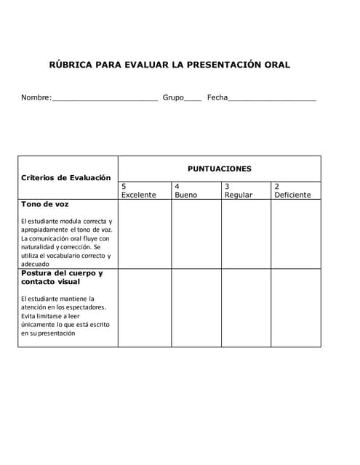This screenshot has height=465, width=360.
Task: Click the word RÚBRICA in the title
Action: coord(71,65)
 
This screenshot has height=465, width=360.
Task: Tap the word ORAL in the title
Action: coord(276,65)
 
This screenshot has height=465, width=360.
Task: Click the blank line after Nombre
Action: coord(105,98)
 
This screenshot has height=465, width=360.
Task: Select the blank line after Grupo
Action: coord(193,98)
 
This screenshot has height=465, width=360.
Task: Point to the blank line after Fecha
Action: coord(272,98)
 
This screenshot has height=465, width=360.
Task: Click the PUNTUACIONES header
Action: coord(219,169)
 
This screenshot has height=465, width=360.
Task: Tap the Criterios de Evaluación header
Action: coord(66,177)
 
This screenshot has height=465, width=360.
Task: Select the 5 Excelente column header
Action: coord(138,190)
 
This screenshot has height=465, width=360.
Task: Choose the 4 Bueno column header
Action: coord(185,190)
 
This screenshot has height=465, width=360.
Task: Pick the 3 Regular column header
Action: coord(238,190)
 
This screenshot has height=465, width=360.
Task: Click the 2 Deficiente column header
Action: coord(292,190)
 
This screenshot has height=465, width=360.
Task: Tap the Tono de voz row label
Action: coord(45,205)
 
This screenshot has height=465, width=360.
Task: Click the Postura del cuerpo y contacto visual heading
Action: coord(62,278)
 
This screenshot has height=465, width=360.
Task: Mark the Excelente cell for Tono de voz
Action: coord(144,234)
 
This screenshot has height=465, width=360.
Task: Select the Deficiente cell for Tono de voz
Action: coord(295,234)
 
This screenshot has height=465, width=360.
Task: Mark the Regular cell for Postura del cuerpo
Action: coord(245,307)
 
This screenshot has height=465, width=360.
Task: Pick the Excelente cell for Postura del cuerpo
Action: coord(144,307)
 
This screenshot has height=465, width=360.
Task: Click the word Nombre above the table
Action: coord(36,97)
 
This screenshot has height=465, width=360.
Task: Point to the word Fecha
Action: coord(217,97)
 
